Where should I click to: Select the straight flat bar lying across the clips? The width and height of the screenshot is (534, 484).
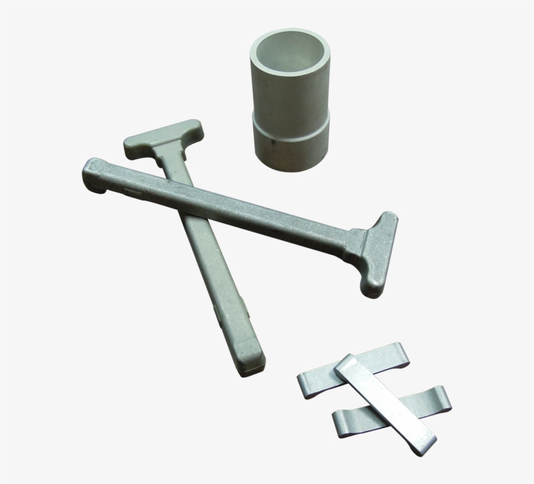coord(384,403)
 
